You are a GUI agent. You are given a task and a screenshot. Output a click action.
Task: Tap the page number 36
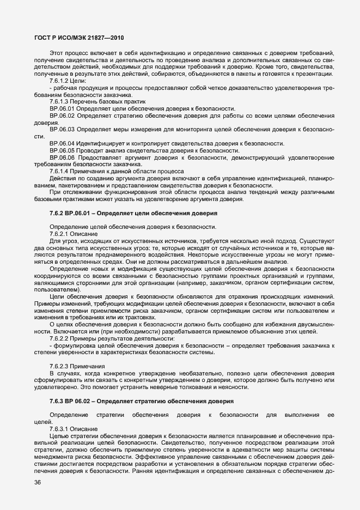(x=37, y=482)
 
